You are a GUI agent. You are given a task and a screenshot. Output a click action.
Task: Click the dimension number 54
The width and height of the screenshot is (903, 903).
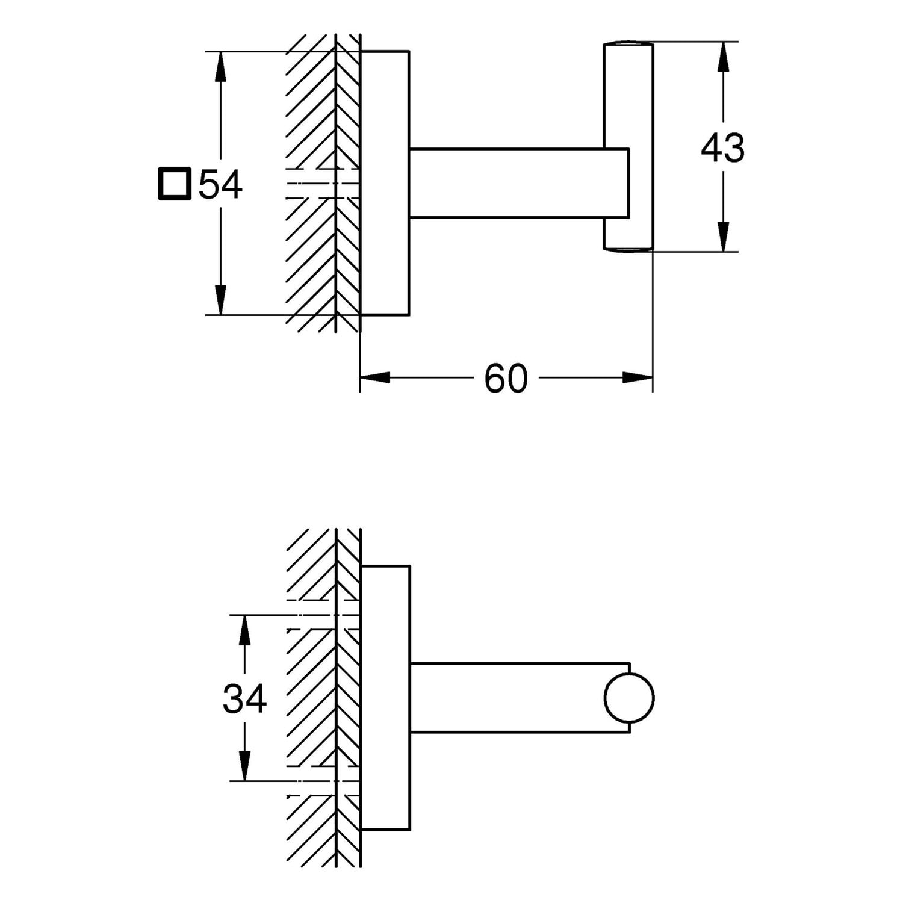(x=220, y=185)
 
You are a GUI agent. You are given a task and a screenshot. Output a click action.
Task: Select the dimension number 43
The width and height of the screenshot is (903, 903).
(x=722, y=147)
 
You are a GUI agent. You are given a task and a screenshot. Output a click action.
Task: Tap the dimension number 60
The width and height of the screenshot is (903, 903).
(x=506, y=379)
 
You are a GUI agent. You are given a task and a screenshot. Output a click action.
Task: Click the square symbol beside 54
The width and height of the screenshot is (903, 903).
(x=175, y=184)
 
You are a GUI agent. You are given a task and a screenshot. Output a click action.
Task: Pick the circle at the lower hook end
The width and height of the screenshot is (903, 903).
(x=629, y=698)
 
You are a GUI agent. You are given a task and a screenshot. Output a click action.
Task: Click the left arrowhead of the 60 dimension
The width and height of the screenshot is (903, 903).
(x=374, y=378)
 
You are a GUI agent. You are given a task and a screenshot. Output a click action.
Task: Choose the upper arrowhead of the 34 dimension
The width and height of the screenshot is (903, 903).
(x=244, y=629)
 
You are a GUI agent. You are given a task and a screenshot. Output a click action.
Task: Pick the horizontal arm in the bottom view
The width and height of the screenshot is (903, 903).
(x=506, y=698)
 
